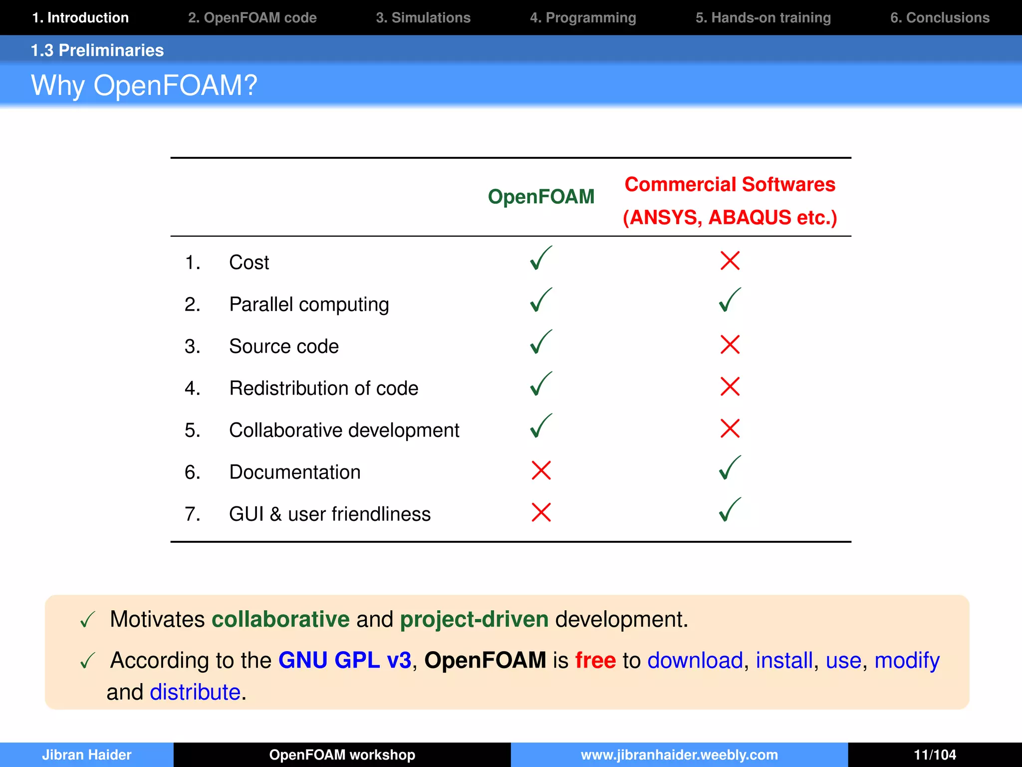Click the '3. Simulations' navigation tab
pos(423,18)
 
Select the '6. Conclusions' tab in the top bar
pos(939,18)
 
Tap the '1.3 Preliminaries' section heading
pos(97,50)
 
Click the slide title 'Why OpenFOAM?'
pos(144,85)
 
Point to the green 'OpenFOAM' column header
pos(541,197)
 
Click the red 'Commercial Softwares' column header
pos(730,185)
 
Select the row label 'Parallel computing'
pos(309,305)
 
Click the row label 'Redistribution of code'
pos(323,388)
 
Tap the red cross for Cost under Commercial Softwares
pos(730,261)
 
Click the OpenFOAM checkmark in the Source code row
pos(541,343)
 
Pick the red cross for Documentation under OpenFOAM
pos(541,470)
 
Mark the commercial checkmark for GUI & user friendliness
pos(730,510)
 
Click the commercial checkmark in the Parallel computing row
pos(730,301)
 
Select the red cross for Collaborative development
pos(730,428)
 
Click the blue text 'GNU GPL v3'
pos(344,660)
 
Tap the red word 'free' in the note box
pos(595,660)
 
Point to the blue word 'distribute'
pos(195,692)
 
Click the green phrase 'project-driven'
pos(474,619)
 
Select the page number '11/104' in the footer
pos(935,755)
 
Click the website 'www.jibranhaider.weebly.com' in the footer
pos(679,755)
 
